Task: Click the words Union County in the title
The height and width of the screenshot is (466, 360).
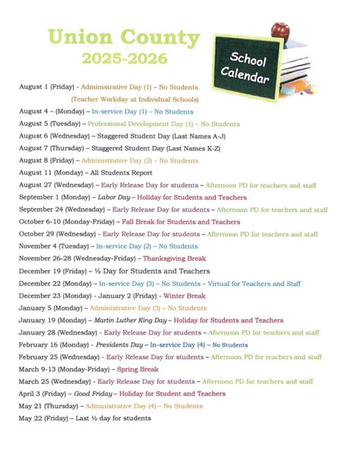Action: [123, 37]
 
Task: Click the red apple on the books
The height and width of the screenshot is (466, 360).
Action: [281, 30]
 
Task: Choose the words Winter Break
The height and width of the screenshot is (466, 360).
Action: [185, 296]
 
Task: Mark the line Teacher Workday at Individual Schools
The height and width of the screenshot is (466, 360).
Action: [135, 99]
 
